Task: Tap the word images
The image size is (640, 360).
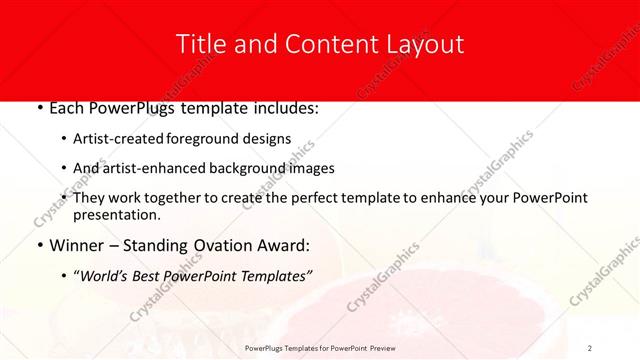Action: (310, 169)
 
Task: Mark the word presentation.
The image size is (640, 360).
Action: (116, 214)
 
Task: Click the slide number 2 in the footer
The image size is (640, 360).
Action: (590, 348)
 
